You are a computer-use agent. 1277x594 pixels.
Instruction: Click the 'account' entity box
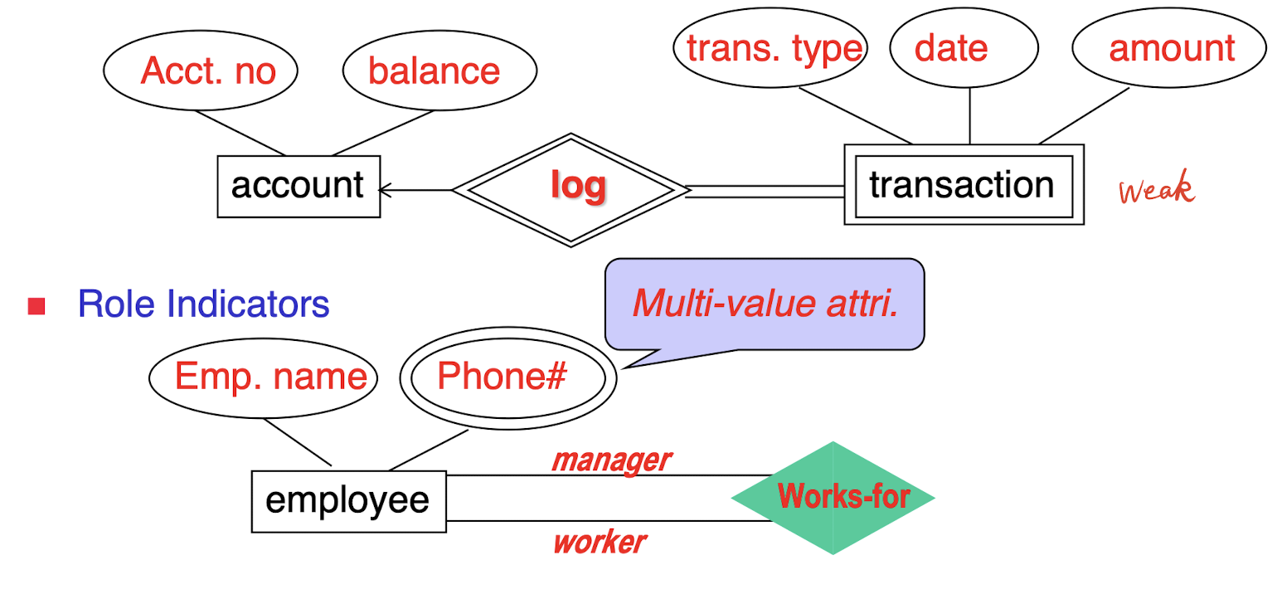(299, 186)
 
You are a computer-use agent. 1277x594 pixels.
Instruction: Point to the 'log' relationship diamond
(572, 189)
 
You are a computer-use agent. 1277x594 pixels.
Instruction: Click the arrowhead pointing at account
(384, 191)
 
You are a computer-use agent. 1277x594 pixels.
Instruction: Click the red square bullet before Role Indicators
(36, 306)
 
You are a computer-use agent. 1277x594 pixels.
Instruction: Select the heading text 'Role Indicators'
(203, 304)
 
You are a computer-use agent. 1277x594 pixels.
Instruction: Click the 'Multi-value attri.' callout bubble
(765, 304)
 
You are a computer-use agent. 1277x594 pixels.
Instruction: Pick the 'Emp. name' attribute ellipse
(264, 378)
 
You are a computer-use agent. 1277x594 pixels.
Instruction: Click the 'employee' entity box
(348, 501)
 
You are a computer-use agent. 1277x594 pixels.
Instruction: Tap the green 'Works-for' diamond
(833, 498)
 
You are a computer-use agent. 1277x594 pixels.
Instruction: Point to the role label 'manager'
(611, 459)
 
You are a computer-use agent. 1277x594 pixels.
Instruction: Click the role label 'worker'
(600, 543)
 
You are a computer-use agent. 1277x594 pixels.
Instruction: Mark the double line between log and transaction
(765, 191)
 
